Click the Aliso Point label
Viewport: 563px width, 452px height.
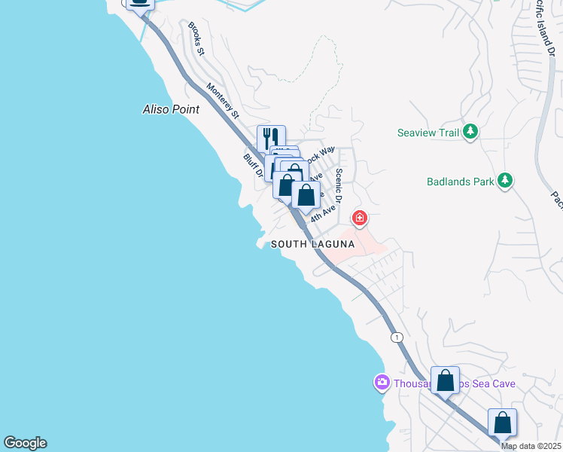click(x=172, y=109)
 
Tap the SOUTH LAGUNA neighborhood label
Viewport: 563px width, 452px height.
click(x=312, y=244)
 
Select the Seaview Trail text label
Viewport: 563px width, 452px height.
click(x=428, y=133)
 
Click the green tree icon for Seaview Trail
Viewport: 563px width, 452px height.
click(x=471, y=133)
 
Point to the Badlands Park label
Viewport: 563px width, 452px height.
click(x=460, y=182)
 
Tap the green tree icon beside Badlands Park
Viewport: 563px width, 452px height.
click(x=506, y=181)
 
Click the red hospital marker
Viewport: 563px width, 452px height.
click(x=360, y=219)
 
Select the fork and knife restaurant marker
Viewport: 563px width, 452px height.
click(x=271, y=138)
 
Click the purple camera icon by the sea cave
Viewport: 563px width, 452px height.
click(x=382, y=383)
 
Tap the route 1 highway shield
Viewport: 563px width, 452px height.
click(x=397, y=336)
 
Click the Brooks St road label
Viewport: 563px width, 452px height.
click(x=196, y=38)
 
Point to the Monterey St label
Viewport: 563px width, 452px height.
click(x=224, y=101)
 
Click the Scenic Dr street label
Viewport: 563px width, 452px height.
click(x=339, y=185)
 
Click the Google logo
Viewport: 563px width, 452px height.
click(x=25, y=443)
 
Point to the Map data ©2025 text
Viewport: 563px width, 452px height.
click(x=531, y=446)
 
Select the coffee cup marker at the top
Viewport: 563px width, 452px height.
click(x=139, y=2)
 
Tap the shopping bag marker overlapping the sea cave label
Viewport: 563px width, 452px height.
click(x=445, y=380)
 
